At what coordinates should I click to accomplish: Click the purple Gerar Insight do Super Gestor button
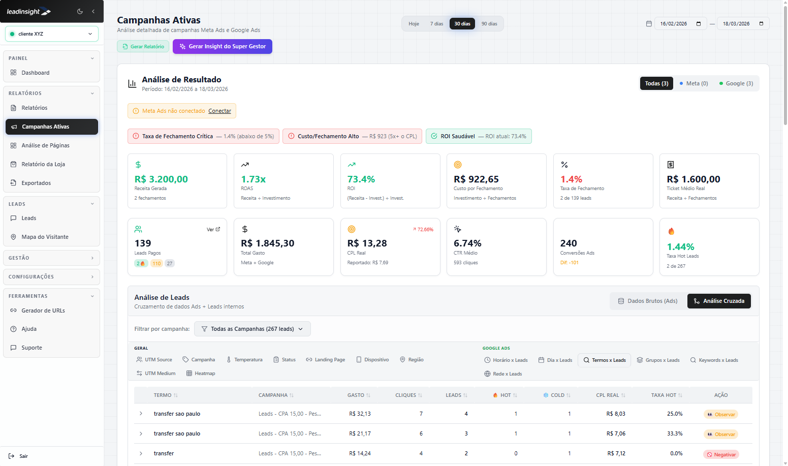tap(223, 46)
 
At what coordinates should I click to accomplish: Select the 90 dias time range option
tap(489, 24)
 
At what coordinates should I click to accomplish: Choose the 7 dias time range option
tap(436, 24)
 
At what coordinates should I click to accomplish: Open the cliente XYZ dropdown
tap(52, 34)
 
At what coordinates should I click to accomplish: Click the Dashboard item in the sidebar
tap(36, 73)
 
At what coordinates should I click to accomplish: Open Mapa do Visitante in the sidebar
tap(45, 237)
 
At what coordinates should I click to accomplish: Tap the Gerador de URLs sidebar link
tap(43, 310)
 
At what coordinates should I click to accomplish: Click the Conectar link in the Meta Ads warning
tap(219, 111)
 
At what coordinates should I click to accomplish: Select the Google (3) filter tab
tap(736, 83)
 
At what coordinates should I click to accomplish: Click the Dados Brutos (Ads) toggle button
tap(648, 301)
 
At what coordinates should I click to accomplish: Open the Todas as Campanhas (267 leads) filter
tap(252, 329)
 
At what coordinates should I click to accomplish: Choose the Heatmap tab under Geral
tap(201, 374)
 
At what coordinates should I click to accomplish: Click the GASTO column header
tap(356, 395)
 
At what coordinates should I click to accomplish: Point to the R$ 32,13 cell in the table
tap(360, 414)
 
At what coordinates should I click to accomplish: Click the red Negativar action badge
tap(721, 454)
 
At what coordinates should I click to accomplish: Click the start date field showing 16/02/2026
tap(680, 24)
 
